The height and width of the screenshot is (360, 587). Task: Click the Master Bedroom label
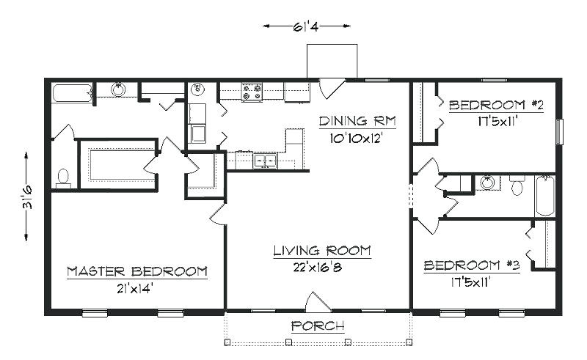pyautogui.click(x=137, y=271)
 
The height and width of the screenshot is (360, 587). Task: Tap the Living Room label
pyautogui.click(x=322, y=250)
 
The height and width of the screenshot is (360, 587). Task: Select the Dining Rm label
pyautogui.click(x=357, y=121)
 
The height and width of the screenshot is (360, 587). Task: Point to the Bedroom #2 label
pyautogui.click(x=496, y=105)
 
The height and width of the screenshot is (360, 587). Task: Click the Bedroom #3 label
pyautogui.click(x=472, y=265)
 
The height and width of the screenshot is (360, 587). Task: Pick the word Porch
pyautogui.click(x=318, y=326)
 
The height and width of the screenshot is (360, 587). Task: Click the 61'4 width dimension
pyautogui.click(x=306, y=26)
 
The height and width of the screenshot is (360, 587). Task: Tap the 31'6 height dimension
pyautogui.click(x=26, y=196)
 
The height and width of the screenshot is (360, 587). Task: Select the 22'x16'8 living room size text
pyautogui.click(x=318, y=267)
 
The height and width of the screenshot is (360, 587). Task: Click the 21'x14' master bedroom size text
pyautogui.click(x=135, y=289)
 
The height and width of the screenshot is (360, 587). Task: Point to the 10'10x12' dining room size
pyautogui.click(x=356, y=139)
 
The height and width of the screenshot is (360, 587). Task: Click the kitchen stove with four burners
pyautogui.click(x=252, y=92)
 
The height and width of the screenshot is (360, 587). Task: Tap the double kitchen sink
pyautogui.click(x=266, y=161)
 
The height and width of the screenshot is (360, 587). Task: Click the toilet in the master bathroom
pyautogui.click(x=63, y=178)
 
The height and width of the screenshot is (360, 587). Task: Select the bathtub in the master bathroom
pyautogui.click(x=72, y=93)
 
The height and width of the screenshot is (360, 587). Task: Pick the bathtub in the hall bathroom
pyautogui.click(x=545, y=195)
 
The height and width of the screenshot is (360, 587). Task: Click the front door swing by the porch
pyautogui.click(x=318, y=301)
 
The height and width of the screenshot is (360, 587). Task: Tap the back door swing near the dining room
pyautogui.click(x=331, y=88)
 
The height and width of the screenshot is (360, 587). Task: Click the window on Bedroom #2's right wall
pyautogui.click(x=559, y=131)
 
